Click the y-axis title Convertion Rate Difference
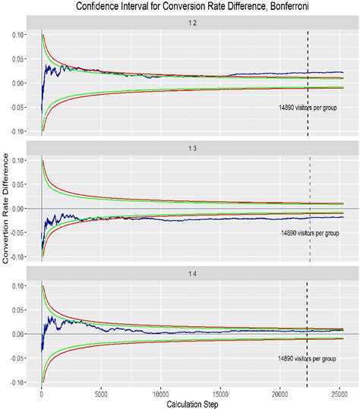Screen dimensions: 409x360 [7, 207]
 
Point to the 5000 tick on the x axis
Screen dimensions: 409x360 [101, 393]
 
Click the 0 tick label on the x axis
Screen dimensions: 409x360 [42, 393]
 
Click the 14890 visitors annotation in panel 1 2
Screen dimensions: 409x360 [308, 108]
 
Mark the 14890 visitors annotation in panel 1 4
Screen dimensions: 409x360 [308, 357]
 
